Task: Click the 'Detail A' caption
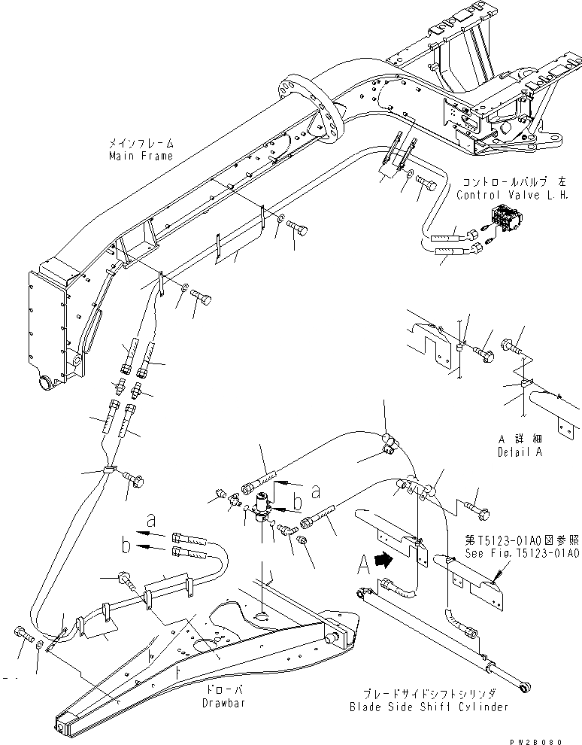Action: click(520, 453)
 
